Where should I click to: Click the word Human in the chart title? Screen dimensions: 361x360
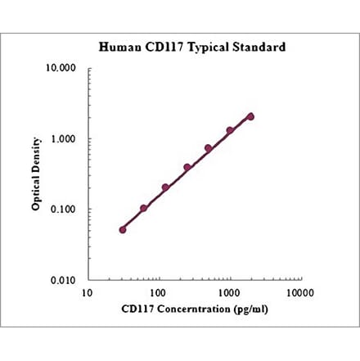119,47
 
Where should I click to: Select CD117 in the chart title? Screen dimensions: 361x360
163,47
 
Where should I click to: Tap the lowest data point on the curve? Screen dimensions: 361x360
123,229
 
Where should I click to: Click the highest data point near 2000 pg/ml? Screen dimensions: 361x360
250,116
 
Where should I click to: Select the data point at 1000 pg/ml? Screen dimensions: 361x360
230,130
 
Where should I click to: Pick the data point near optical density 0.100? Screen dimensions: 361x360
144,208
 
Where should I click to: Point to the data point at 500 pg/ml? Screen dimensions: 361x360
208,148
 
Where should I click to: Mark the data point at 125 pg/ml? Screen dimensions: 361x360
165,187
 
